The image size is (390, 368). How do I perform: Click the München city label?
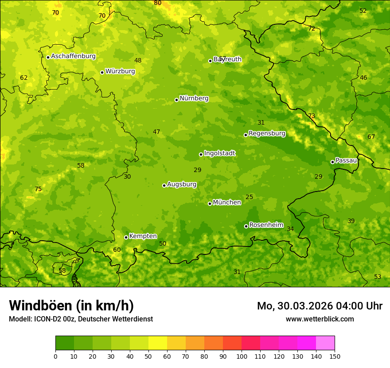click(x=226, y=203)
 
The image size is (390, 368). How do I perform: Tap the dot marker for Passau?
click(x=332, y=162)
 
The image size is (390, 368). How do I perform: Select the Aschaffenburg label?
click(x=73, y=56)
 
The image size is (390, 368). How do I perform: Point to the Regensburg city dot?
click(x=246, y=135)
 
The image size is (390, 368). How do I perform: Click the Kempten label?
click(x=143, y=236)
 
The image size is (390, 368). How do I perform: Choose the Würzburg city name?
click(x=120, y=71)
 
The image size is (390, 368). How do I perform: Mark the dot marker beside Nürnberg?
click(x=176, y=100)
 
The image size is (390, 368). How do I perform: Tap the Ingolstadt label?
click(x=219, y=153)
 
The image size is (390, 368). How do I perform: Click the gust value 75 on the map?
click(x=38, y=189)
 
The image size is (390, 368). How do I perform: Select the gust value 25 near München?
click(x=250, y=197)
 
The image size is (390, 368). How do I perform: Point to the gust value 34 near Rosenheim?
click(x=290, y=229)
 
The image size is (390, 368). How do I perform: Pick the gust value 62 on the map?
click(x=24, y=78)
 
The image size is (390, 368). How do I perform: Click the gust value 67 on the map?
click(x=371, y=137)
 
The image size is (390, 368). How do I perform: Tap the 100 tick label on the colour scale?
click(x=242, y=356)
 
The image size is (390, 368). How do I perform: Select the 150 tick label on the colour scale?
click(x=335, y=356)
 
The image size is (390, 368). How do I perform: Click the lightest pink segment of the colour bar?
click(x=325, y=343)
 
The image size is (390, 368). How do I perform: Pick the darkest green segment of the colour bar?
click(x=65, y=343)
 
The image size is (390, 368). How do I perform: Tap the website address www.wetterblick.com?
click(x=320, y=319)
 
